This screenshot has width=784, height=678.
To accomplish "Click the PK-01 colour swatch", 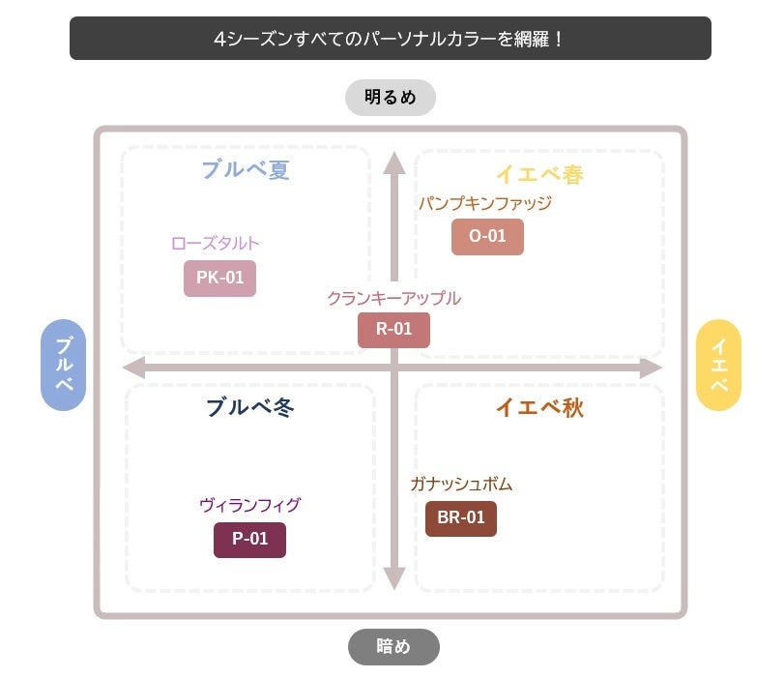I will click(219, 279).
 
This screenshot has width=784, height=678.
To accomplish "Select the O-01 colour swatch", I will click(487, 237).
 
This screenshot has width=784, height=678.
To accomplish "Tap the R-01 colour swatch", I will click(393, 330).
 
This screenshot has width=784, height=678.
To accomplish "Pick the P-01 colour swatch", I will click(249, 540).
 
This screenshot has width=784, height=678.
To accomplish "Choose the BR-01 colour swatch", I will click(461, 518).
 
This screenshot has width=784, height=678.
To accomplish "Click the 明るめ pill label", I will click(391, 98).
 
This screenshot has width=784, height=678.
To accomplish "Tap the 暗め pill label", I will click(393, 647).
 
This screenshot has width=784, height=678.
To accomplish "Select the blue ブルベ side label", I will click(64, 366).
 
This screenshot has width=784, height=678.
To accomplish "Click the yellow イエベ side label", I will click(718, 366).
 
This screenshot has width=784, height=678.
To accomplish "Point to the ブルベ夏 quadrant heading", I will click(246, 170).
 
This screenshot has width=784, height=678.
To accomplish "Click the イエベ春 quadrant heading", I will click(539, 174).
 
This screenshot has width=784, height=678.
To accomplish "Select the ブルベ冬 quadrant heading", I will click(249, 407).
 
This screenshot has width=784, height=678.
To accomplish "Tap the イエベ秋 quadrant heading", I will click(539, 407).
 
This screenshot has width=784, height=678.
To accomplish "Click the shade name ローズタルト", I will click(215, 244).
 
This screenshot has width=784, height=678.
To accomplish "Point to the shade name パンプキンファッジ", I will click(484, 203).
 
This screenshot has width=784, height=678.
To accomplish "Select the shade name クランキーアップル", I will click(393, 299).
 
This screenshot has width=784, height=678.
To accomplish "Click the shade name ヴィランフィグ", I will click(249, 505).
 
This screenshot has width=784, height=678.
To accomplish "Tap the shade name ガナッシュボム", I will click(460, 485).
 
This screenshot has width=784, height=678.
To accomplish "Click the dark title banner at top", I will click(391, 39).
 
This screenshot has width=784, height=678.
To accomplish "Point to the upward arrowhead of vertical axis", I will click(393, 162).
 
